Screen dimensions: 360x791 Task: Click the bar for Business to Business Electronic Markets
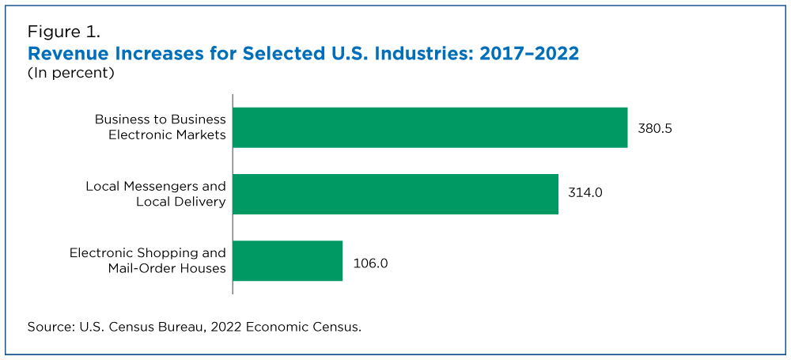tap(430, 127)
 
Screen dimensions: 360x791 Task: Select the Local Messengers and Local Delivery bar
tap(395, 194)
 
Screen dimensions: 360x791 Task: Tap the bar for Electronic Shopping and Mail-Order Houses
tap(287, 260)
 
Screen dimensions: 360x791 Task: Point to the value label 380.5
tap(655, 128)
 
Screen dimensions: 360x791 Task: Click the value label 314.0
tap(585, 194)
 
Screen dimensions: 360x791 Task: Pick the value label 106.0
tap(369, 261)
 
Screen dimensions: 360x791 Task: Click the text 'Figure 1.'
tap(63, 32)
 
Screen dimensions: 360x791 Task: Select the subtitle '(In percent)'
tap(71, 74)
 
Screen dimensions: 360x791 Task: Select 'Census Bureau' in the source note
tap(162, 326)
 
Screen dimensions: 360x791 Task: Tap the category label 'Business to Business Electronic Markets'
tap(161, 127)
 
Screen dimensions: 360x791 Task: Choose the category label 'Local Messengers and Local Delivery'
tap(156, 194)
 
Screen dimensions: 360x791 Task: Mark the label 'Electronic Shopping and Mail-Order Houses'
tap(148, 260)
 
